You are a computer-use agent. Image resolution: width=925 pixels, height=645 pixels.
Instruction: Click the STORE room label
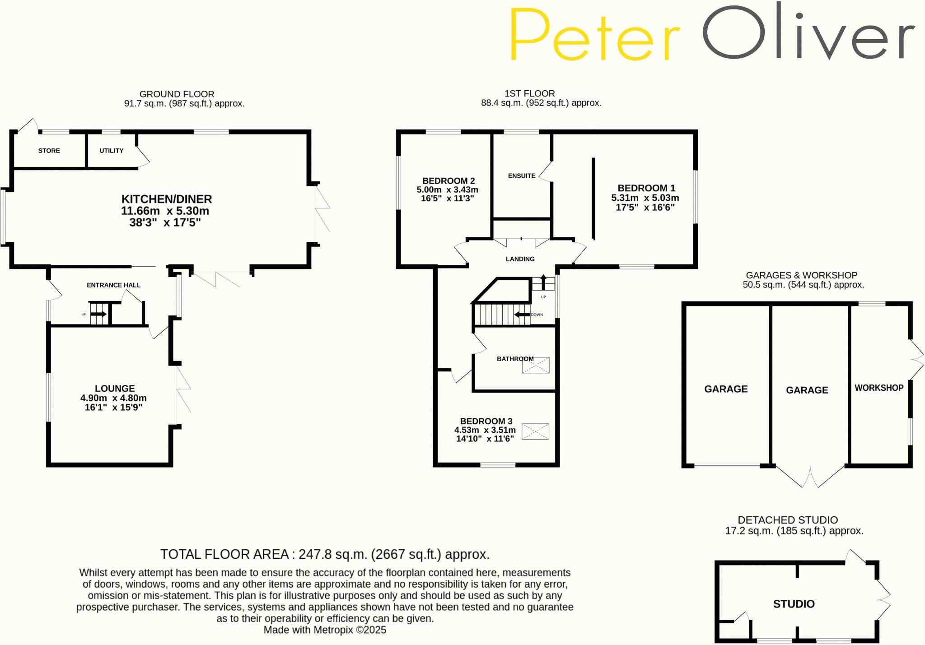(x=49, y=151)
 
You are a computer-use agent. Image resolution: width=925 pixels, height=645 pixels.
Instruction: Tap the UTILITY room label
(x=111, y=151)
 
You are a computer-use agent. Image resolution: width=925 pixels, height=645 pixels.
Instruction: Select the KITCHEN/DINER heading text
(x=167, y=199)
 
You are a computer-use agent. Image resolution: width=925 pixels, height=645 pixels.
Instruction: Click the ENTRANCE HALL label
(x=113, y=285)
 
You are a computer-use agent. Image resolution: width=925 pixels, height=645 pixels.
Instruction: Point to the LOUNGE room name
(x=115, y=389)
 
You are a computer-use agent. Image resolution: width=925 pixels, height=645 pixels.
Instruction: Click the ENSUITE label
(x=522, y=176)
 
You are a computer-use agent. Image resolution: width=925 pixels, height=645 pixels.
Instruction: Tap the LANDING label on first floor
(x=520, y=259)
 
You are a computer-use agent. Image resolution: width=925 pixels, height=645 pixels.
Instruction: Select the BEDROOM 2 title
(x=448, y=181)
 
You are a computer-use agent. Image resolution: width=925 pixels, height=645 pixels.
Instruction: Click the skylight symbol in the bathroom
(x=536, y=365)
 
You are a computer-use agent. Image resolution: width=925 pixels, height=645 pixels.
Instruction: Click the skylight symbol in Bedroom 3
(x=535, y=432)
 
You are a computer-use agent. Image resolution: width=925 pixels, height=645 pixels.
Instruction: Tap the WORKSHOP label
(x=879, y=388)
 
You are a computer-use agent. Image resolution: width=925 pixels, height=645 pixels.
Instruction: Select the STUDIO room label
(x=794, y=604)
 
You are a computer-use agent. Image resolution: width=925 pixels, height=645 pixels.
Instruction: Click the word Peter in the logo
(x=594, y=34)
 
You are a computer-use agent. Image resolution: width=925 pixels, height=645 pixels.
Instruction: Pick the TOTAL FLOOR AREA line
(x=325, y=554)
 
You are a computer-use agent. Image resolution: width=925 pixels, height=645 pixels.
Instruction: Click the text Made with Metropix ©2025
(x=325, y=630)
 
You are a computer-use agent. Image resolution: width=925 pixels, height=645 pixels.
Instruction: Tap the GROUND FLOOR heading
(x=177, y=94)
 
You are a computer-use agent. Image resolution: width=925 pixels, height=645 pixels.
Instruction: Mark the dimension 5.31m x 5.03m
(x=645, y=198)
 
